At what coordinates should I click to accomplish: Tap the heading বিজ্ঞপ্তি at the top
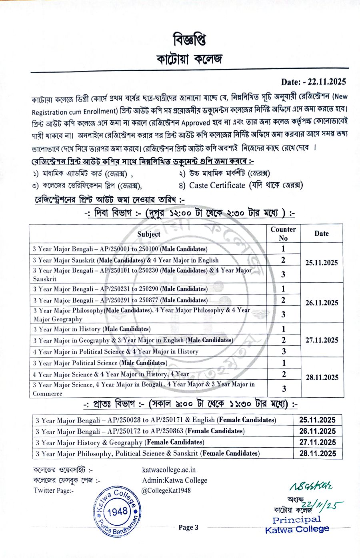(190, 40)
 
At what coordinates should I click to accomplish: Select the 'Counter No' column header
(283, 233)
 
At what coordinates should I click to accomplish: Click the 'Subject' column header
(148, 234)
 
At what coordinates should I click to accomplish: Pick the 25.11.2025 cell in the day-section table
(322, 263)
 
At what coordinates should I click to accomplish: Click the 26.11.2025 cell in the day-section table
(322, 303)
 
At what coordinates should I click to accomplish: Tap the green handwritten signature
(311, 486)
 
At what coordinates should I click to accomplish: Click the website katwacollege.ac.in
(169, 470)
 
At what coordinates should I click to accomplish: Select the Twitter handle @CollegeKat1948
(166, 490)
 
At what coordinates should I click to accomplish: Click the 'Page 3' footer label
(188, 527)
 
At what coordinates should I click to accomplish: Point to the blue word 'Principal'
(296, 520)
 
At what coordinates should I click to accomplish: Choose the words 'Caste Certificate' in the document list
(217, 185)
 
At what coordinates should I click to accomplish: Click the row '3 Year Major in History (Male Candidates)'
(92, 329)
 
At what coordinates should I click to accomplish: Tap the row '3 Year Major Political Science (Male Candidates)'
(100, 363)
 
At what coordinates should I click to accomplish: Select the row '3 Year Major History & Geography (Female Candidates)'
(120, 442)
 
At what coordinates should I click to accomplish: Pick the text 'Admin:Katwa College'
(174, 480)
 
